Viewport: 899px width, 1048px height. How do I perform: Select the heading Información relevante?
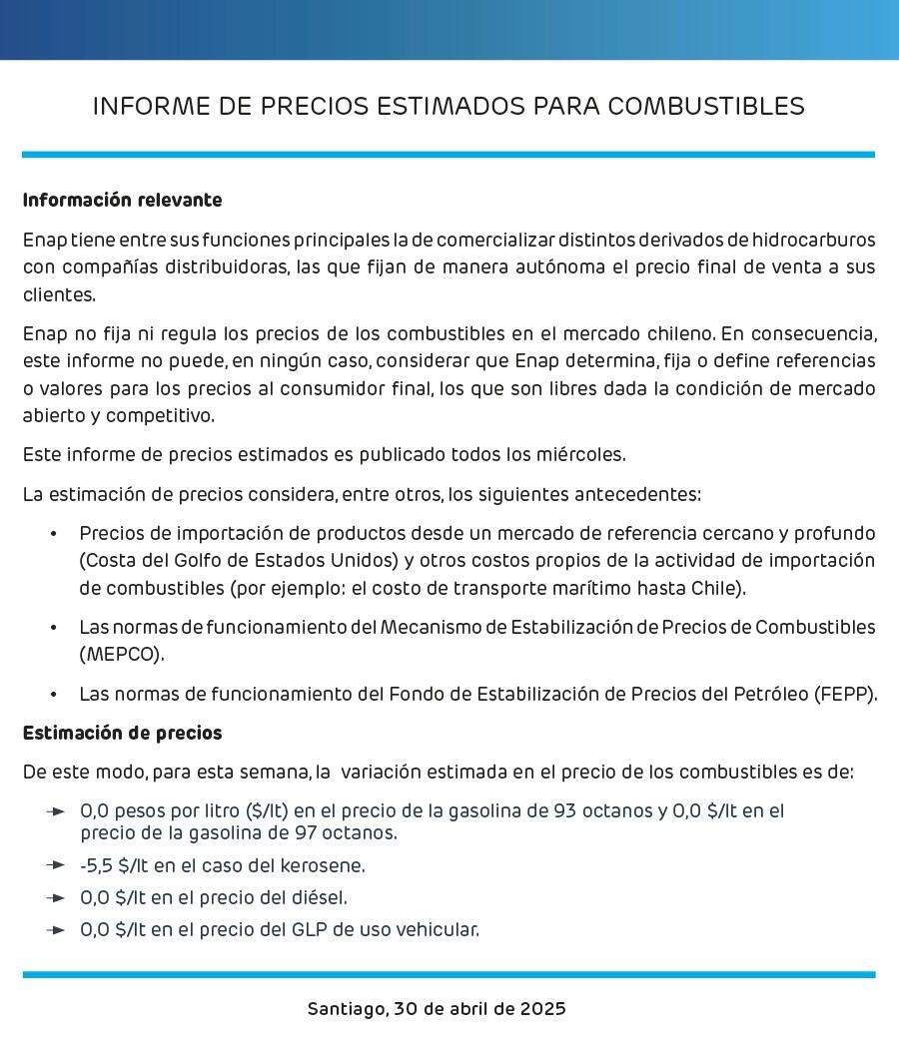coord(122,200)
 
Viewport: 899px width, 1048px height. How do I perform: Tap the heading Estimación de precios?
coord(122,733)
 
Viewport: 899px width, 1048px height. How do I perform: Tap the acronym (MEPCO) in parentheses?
coord(122,655)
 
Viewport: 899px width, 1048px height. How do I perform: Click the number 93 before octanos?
coord(565,811)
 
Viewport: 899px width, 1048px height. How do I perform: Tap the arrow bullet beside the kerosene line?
coord(56,865)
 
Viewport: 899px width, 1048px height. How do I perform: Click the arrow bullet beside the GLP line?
coord(56,929)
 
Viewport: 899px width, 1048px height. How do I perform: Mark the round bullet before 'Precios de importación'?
coord(53,533)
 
